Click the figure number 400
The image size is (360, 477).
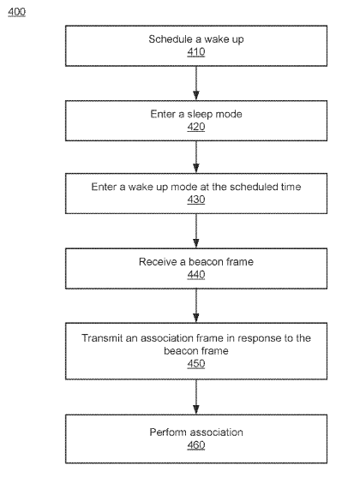[17, 12]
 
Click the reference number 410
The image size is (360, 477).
[196, 51]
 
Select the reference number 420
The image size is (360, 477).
[196, 127]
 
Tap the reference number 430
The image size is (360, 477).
[196, 200]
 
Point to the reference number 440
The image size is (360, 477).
[196, 275]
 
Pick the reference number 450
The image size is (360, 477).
[196, 363]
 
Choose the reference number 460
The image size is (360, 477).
[196, 445]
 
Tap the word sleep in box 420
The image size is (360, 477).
[200, 114]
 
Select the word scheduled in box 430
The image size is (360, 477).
[254, 187]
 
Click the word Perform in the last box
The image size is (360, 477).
[165, 432]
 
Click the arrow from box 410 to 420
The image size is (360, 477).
[196, 83]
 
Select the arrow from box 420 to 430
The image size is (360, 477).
[196, 157]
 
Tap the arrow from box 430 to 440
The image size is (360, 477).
[196, 231]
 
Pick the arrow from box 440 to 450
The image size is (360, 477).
[196, 306]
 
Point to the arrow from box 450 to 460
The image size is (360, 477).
[196, 397]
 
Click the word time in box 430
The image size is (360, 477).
[291, 187]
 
